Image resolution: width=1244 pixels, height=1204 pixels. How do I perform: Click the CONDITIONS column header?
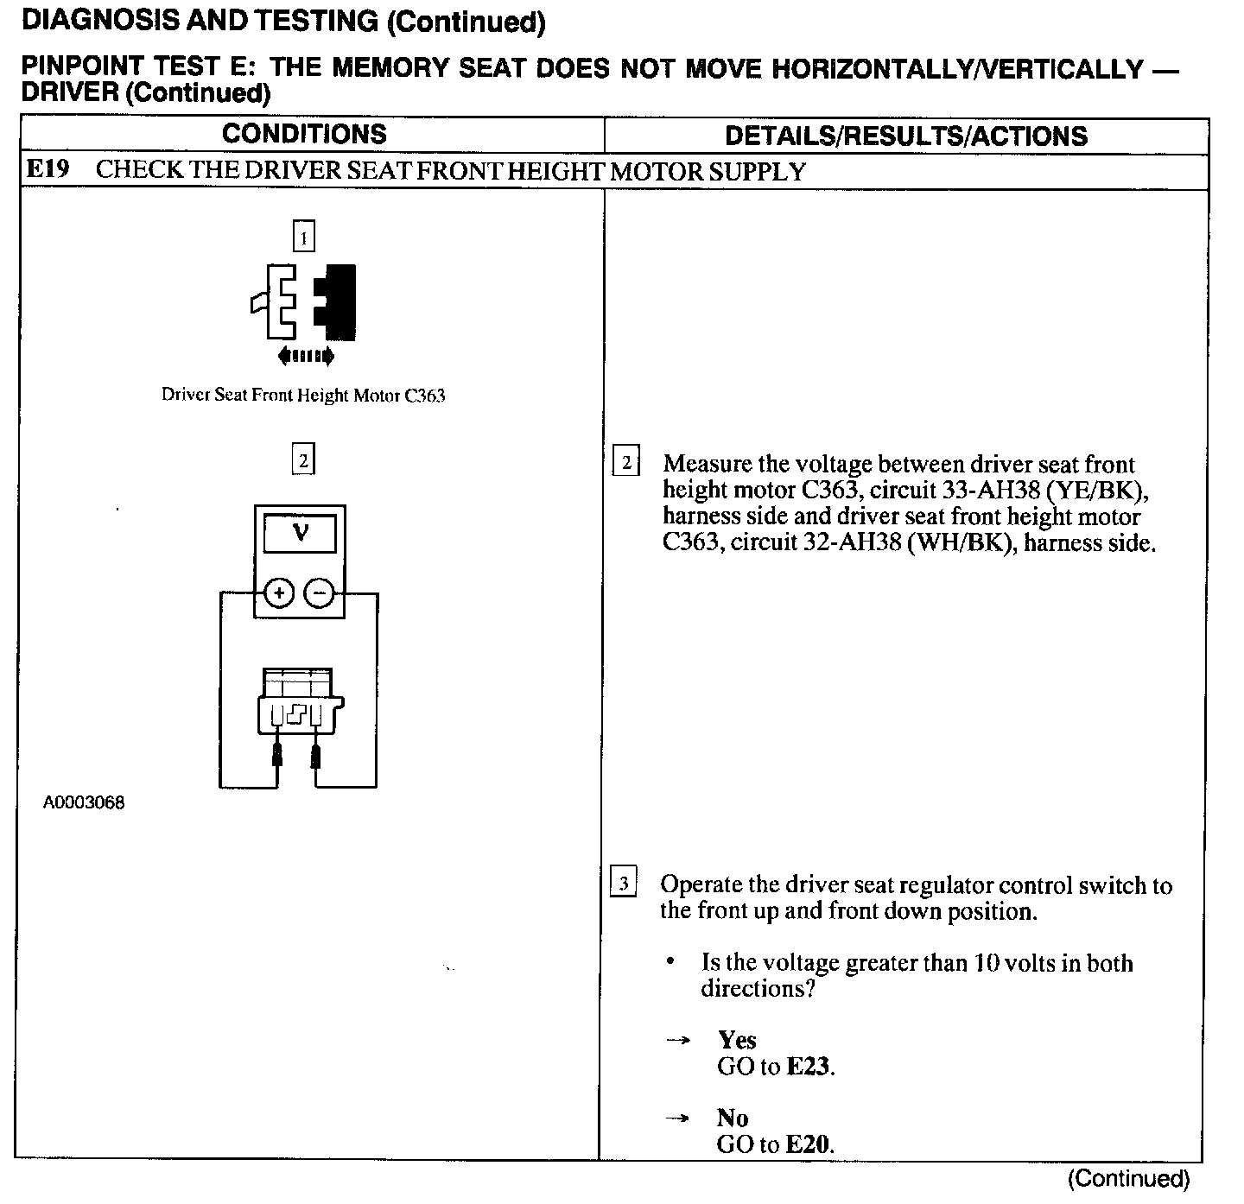click(x=304, y=134)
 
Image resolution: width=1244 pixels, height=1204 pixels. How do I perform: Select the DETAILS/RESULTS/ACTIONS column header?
click(x=905, y=136)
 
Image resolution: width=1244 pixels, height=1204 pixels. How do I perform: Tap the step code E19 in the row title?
click(x=47, y=169)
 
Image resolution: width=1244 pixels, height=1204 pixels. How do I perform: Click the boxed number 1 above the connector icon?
click(x=303, y=236)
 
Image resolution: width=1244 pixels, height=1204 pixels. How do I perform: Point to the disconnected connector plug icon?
click(x=304, y=301)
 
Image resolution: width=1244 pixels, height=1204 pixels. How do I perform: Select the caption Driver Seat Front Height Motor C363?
click(x=303, y=396)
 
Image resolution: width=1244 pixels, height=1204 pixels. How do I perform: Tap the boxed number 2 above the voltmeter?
click(x=303, y=460)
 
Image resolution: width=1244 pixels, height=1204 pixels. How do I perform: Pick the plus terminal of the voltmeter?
click(x=278, y=593)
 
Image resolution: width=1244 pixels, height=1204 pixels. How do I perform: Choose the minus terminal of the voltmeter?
click(x=320, y=593)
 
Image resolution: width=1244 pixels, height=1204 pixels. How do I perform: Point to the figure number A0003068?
click(x=84, y=803)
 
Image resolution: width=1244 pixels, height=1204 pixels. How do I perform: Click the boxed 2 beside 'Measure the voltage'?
click(x=625, y=462)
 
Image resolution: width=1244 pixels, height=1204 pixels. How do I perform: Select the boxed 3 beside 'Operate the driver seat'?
click(x=623, y=884)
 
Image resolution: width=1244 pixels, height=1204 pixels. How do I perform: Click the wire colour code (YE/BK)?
click(x=1097, y=491)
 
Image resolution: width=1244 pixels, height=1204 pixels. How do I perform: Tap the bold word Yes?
click(x=737, y=1040)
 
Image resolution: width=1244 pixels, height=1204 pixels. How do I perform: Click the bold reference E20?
click(x=809, y=1145)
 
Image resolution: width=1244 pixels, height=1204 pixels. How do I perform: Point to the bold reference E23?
click(x=809, y=1067)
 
